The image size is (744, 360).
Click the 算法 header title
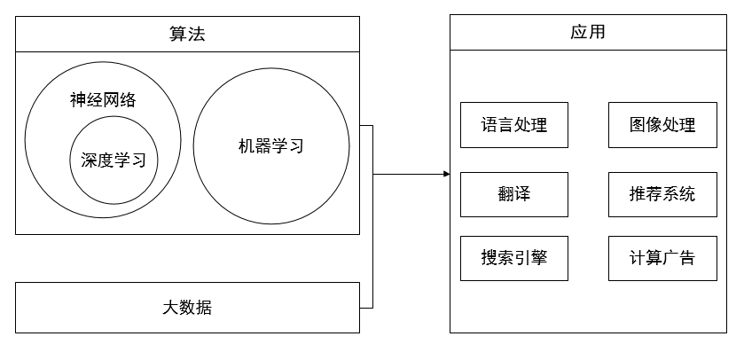pyautogui.click(x=188, y=35)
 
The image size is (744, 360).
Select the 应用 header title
pyautogui.click(x=588, y=33)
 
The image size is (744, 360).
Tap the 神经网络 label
pyautogui.click(x=103, y=100)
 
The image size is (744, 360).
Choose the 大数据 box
pyautogui.click(x=188, y=308)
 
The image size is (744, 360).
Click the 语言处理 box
pyautogui.click(x=514, y=125)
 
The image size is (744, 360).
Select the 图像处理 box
pyautogui.click(x=662, y=125)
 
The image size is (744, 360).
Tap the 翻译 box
pyautogui.click(x=514, y=194)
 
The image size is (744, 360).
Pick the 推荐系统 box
pyautogui.click(x=662, y=194)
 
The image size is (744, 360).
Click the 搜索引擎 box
pyautogui.click(x=514, y=259)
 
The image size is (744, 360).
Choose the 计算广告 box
pyautogui.click(x=662, y=259)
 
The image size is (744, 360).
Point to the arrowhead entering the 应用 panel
pyautogui.click(x=446, y=174)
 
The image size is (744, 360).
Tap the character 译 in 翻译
pyautogui.click(x=522, y=194)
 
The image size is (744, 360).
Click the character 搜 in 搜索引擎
pyautogui.click(x=489, y=259)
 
